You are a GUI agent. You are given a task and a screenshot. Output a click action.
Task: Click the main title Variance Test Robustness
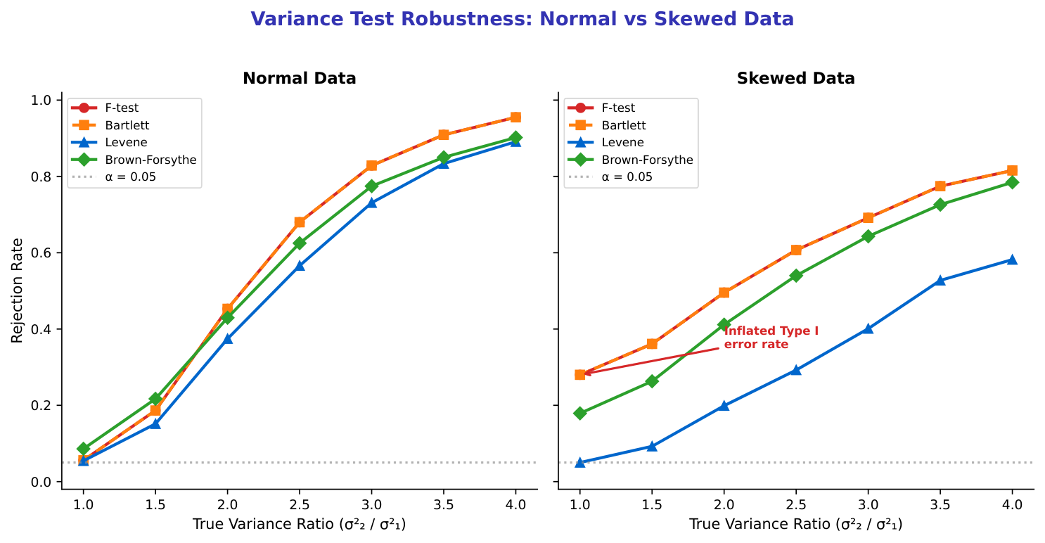522,19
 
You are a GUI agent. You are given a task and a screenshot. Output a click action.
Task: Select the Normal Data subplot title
300,79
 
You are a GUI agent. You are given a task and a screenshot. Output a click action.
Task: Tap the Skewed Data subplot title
795,79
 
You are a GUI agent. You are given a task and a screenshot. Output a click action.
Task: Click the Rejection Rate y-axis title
17,290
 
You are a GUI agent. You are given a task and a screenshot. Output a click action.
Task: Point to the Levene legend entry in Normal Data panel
126,143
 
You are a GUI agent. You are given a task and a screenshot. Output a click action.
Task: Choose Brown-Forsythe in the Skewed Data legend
647,160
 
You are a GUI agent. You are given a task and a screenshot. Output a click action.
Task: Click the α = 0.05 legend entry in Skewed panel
627,177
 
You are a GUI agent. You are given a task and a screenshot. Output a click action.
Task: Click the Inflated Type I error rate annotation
771,338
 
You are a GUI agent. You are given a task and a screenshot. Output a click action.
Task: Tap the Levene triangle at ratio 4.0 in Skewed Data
1012,260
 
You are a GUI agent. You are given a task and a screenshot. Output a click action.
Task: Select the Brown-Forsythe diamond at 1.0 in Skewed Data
580,413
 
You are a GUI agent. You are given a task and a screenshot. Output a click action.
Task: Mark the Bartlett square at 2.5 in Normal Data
300,222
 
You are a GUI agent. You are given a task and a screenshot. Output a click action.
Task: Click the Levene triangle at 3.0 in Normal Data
371,203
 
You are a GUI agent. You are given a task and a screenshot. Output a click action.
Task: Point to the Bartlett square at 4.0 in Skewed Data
1012,170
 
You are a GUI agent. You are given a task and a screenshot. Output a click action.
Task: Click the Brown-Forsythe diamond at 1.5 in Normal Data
155,399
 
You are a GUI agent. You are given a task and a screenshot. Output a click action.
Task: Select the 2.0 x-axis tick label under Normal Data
227,504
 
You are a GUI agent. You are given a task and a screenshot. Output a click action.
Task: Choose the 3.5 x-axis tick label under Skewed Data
940,504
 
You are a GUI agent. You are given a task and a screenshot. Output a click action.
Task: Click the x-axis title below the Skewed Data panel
795,524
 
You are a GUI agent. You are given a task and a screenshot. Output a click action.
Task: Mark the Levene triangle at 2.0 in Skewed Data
724,405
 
